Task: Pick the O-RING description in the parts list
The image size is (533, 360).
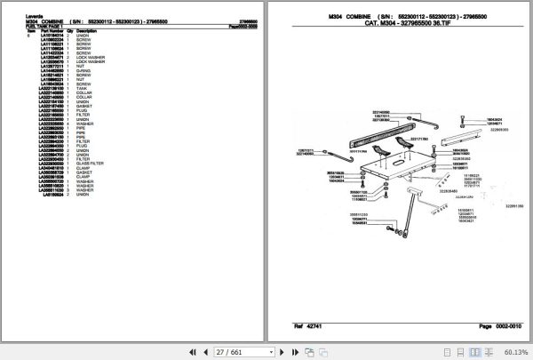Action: [x=84, y=69]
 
